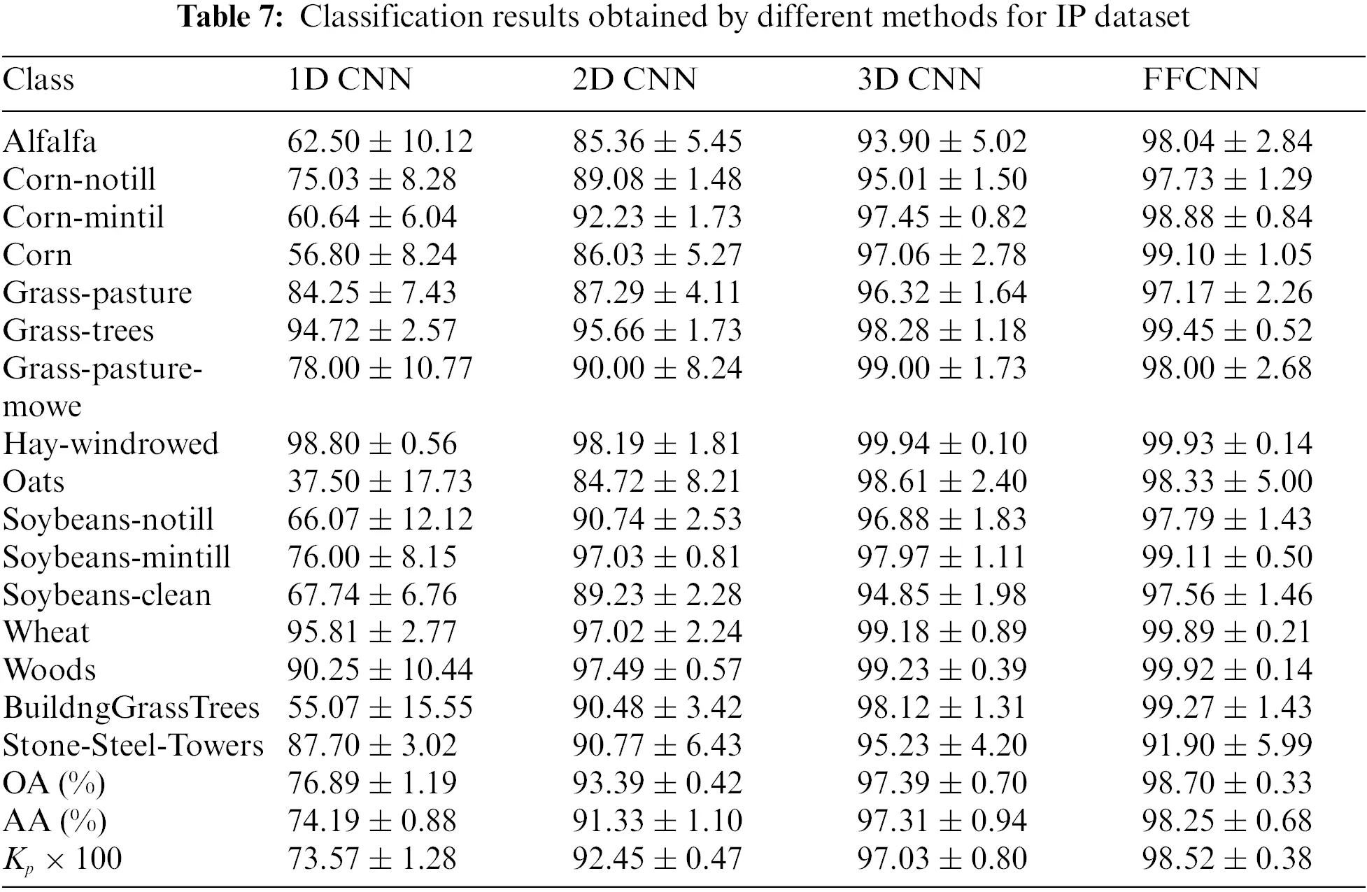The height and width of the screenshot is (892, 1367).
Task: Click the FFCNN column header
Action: pyautogui.click(x=1200, y=79)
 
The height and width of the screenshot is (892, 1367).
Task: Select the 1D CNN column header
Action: pyautogui.click(x=350, y=79)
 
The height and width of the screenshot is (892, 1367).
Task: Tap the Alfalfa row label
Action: pyautogui.click(x=50, y=142)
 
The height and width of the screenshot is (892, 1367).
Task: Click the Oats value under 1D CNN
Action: pyautogui.click(x=380, y=482)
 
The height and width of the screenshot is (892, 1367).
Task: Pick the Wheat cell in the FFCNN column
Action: pyautogui.click(x=1226, y=632)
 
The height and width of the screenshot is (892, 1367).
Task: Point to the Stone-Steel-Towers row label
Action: pyautogui.click(x=133, y=746)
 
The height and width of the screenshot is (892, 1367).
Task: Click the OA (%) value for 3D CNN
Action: pyautogui.click(x=942, y=783)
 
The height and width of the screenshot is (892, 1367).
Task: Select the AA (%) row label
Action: pyautogui.click(x=55, y=821)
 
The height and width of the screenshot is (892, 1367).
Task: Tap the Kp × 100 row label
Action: pyautogui.click(x=62, y=859)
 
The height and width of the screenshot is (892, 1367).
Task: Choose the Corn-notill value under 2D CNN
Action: pyautogui.click(x=657, y=180)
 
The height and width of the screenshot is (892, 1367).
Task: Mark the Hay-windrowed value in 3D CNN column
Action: pyautogui.click(x=942, y=444)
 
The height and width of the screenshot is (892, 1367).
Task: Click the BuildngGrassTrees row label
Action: pyautogui.click(x=131, y=708)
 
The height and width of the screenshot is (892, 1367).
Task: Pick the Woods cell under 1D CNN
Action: pyautogui.click(x=380, y=670)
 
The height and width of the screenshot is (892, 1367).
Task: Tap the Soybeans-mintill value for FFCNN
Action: pyautogui.click(x=1226, y=558)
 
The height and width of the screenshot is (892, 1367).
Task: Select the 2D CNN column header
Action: pyautogui.click(x=635, y=79)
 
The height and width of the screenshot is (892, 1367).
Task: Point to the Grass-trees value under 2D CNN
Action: pyautogui.click(x=657, y=331)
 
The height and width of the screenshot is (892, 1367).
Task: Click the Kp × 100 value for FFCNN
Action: pyautogui.click(x=1226, y=859)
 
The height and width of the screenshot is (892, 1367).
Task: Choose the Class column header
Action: pyautogui.click(x=38, y=79)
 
